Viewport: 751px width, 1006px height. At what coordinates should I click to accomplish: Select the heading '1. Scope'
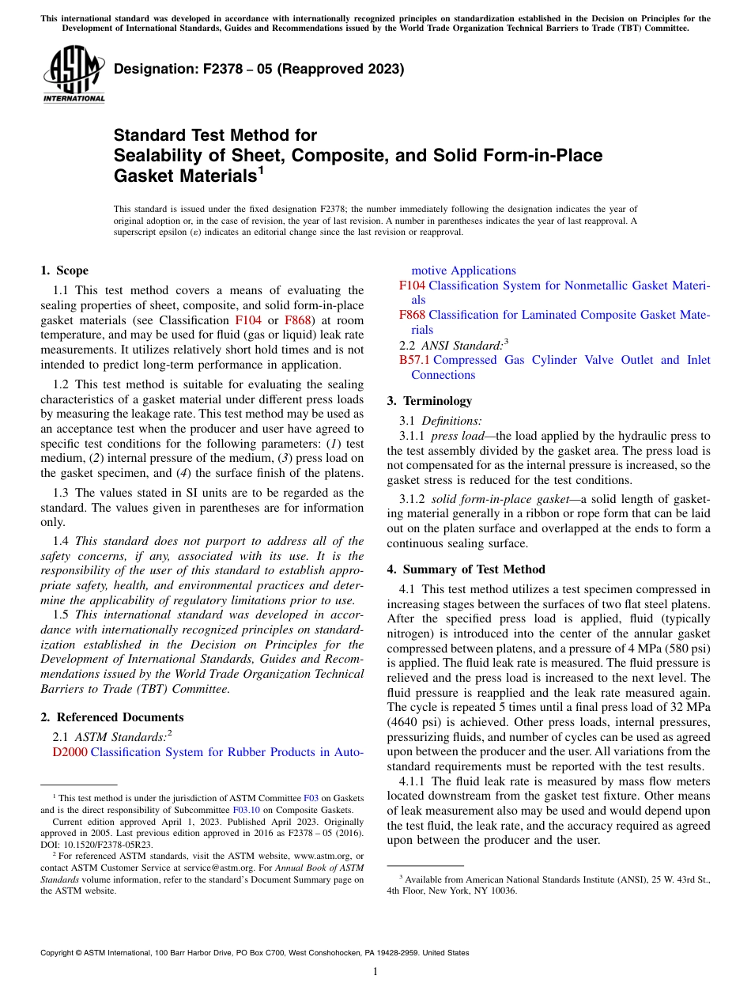pos(64,270)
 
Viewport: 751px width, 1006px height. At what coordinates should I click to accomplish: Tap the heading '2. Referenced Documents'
pos(111,717)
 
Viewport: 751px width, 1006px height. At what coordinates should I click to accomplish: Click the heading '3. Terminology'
pos(429,401)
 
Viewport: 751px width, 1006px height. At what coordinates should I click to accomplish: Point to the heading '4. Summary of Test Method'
pos(466,569)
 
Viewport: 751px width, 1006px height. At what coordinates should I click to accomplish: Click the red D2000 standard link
pos(70,752)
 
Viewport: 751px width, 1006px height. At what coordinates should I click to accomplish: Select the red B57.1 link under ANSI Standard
pos(415,360)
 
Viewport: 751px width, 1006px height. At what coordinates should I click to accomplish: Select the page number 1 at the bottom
pos(375,972)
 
